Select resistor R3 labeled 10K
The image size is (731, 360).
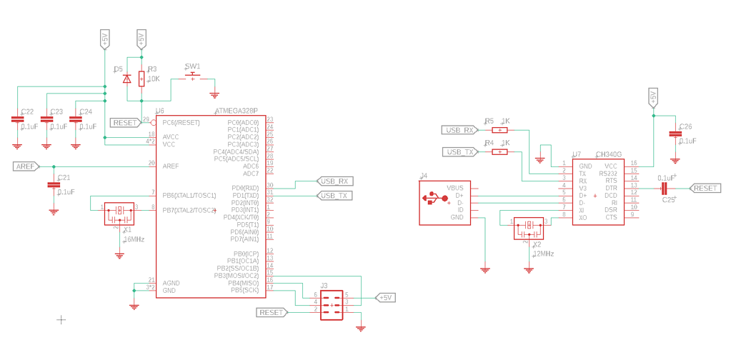click(x=141, y=79)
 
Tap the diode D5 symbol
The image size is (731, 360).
click(x=127, y=79)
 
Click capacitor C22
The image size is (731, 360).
click(x=17, y=120)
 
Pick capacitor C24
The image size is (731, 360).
click(x=76, y=120)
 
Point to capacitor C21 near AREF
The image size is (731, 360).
click(x=53, y=185)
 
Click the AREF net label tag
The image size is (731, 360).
click(x=26, y=166)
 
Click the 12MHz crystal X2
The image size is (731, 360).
click(x=529, y=226)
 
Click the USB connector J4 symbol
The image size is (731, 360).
click(x=444, y=202)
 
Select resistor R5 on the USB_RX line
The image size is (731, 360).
click(x=499, y=131)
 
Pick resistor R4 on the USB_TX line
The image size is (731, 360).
click(x=499, y=151)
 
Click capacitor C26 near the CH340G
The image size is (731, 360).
click(x=675, y=134)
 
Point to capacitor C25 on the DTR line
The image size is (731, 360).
click(x=665, y=188)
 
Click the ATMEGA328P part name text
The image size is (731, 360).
click(x=235, y=111)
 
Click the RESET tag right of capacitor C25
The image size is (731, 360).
click(x=705, y=188)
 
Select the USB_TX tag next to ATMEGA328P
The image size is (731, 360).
click(x=334, y=195)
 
